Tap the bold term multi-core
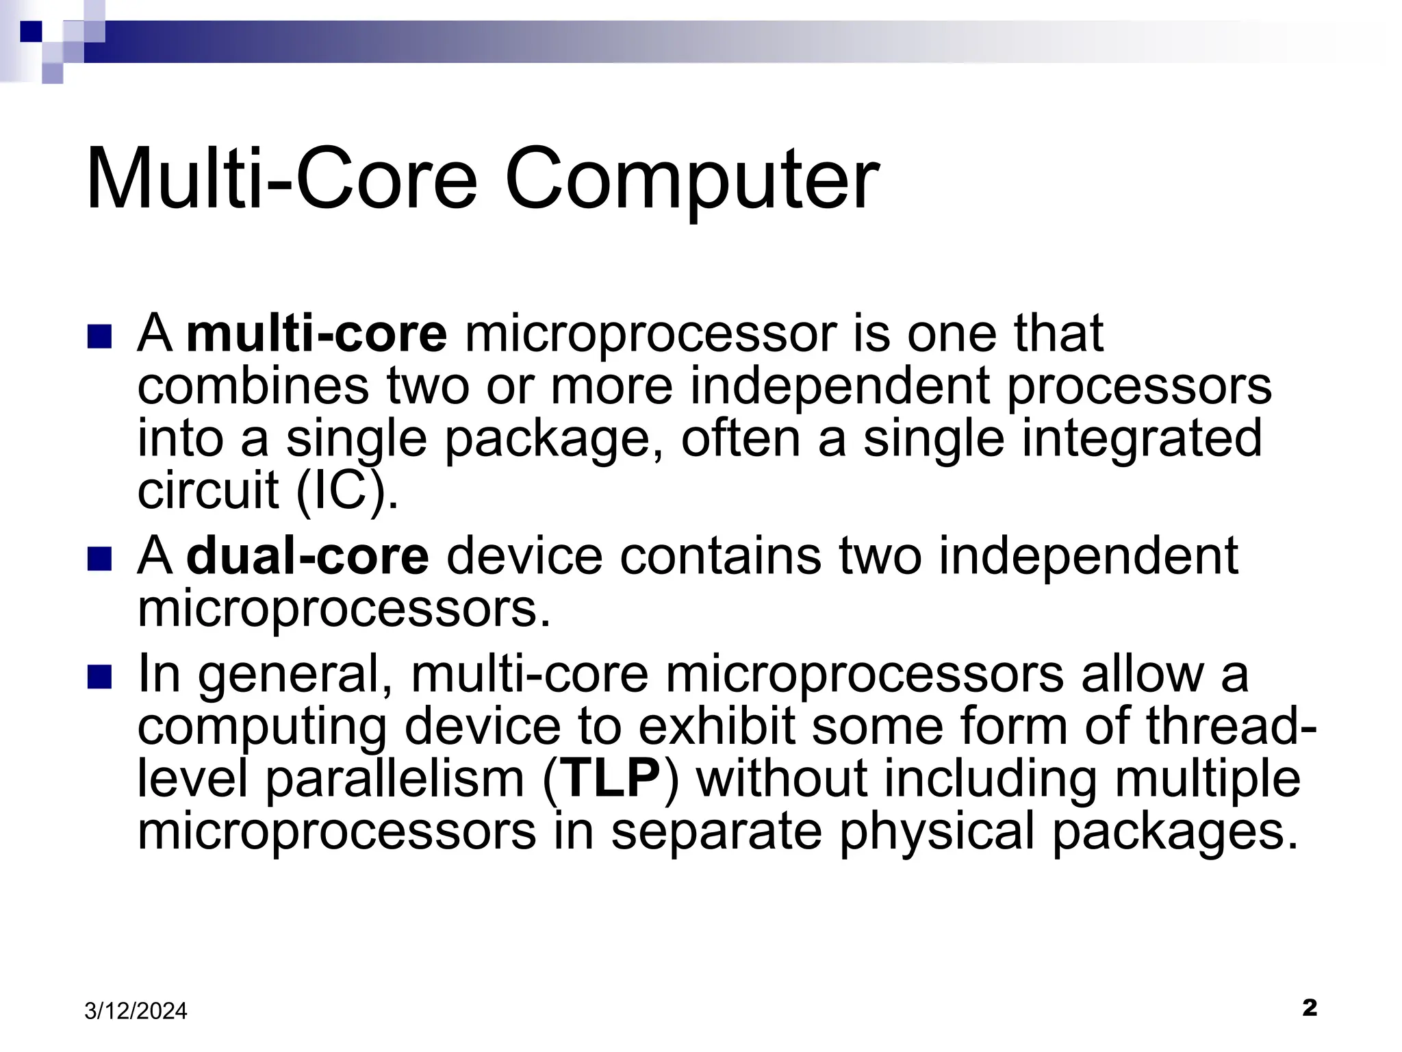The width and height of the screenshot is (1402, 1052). point(317,334)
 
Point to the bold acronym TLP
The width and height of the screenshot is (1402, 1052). point(610,779)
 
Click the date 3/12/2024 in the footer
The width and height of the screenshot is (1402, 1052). point(136,1011)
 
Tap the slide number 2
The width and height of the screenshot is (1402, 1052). point(1309,1007)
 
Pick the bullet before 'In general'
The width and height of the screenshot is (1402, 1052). point(100,677)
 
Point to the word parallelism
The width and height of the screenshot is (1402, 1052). point(395,779)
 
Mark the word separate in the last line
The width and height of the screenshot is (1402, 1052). point(716,831)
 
